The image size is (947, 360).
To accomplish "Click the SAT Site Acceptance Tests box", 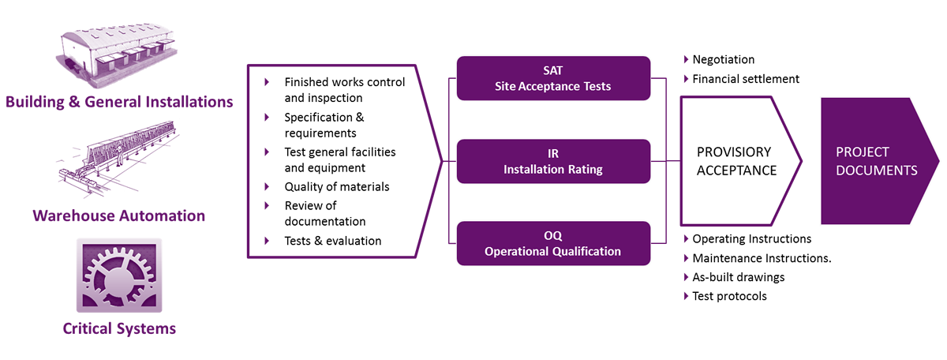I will point(552,78).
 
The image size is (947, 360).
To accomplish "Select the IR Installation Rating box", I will point(552,161).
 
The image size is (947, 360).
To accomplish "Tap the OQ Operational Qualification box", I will point(552,243).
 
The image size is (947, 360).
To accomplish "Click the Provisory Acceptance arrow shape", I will point(737,161).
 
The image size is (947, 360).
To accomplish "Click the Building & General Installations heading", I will point(119,102).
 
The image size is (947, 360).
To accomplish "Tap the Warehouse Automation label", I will point(119,216).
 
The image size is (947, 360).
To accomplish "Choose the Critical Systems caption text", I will point(119,328).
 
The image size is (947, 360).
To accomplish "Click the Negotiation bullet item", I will point(723,60).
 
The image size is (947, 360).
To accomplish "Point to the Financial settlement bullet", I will point(746,79).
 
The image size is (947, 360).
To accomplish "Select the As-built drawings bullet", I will point(738,277).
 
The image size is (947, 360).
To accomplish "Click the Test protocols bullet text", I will point(729,296).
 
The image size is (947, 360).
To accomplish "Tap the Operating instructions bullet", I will point(751,238).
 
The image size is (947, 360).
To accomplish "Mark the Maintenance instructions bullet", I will point(762,258).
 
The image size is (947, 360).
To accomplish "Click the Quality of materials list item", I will point(337,187).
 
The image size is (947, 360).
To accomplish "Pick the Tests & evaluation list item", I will point(332,241).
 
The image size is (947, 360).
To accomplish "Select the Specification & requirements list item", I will point(324,125).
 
